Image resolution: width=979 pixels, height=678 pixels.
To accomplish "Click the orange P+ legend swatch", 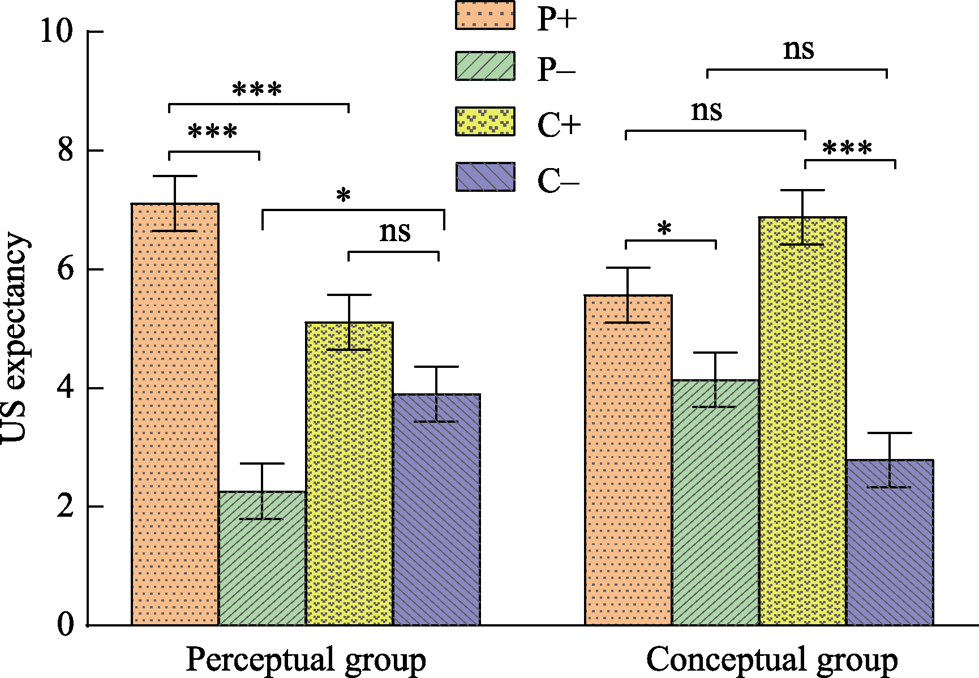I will [485, 15].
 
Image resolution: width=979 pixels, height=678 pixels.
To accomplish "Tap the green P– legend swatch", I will [485, 66].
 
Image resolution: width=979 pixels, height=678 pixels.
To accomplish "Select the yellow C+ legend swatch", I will [485, 121].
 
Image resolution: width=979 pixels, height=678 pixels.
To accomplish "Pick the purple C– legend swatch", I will [485, 177].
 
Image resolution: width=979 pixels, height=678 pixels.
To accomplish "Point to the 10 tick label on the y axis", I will [57, 31].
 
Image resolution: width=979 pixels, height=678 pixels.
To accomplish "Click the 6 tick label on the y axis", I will [66, 269].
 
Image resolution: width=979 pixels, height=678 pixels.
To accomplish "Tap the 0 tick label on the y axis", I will [66, 624].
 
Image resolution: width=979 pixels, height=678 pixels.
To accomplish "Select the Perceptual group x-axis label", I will [306, 660].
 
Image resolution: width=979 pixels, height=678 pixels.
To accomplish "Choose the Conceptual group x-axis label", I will [772, 660].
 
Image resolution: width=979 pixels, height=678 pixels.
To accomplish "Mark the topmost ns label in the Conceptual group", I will [798, 49].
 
